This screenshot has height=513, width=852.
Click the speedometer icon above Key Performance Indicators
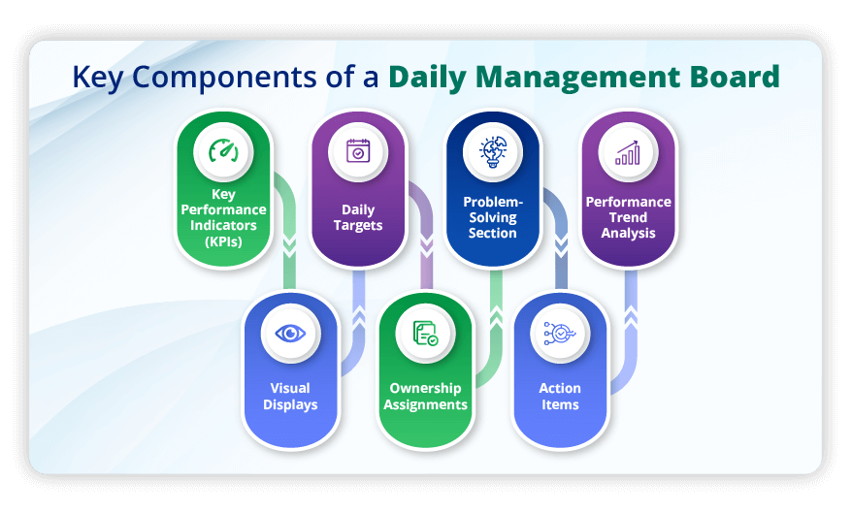[x=222, y=152]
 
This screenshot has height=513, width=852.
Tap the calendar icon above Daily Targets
[x=357, y=152]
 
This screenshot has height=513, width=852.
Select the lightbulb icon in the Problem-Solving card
[x=493, y=152]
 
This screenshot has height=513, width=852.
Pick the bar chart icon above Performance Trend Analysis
[x=628, y=152]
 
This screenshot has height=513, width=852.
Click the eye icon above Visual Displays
[x=290, y=334]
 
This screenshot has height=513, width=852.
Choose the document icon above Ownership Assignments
[x=425, y=334]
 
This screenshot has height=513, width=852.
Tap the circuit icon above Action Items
[x=560, y=334]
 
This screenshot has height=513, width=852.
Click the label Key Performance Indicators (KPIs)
[x=222, y=217]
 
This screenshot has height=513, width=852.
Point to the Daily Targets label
[x=357, y=217]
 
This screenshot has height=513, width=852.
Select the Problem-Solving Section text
[x=493, y=217]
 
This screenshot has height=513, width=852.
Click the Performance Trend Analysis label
[x=628, y=217]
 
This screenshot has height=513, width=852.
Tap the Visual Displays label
[x=290, y=396]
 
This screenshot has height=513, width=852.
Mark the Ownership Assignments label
[x=425, y=396]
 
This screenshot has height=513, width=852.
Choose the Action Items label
[x=560, y=396]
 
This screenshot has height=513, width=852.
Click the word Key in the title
[x=101, y=78]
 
